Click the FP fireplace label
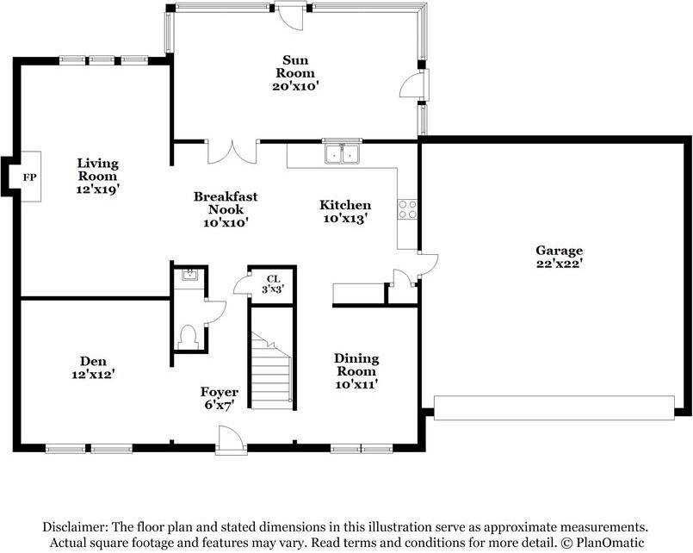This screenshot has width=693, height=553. pyautogui.click(x=29, y=177)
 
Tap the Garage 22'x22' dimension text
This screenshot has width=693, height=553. pyautogui.click(x=559, y=264)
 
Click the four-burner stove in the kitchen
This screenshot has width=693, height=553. pyautogui.click(x=407, y=209)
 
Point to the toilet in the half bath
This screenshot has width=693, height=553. pyautogui.click(x=188, y=337)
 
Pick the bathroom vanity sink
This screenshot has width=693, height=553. pyautogui.click(x=190, y=276)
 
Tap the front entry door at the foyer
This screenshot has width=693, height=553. pyautogui.click(x=232, y=440)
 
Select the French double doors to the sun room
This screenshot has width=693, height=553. pyautogui.click(x=232, y=152)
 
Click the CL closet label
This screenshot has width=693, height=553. pyautogui.click(x=273, y=279)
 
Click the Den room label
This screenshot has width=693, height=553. pyautogui.click(x=93, y=361)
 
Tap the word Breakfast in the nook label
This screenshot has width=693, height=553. pyautogui.click(x=226, y=196)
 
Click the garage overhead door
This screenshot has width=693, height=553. pyautogui.click(x=554, y=407)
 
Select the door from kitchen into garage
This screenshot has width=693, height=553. pyautogui.click(x=428, y=265)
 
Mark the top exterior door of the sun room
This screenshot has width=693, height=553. pyautogui.click(x=289, y=16)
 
